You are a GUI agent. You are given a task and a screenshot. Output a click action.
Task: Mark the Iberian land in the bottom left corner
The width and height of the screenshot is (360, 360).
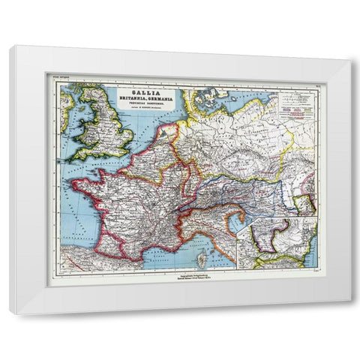[86, 259]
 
